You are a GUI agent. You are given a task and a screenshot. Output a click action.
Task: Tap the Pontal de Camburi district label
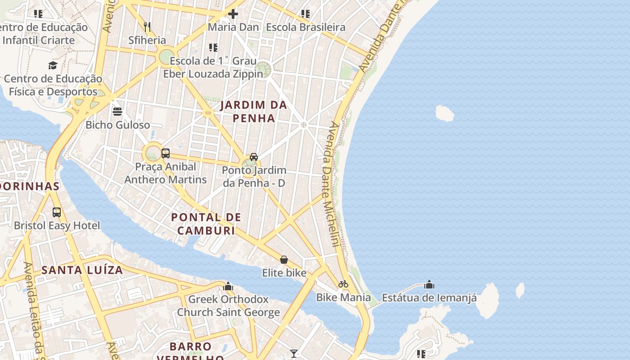[206, 224]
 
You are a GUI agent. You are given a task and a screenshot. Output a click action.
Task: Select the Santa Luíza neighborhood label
[82, 270]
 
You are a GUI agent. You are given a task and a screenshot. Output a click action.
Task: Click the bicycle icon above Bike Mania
[343, 284]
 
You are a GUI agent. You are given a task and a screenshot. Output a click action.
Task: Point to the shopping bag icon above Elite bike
[284, 260]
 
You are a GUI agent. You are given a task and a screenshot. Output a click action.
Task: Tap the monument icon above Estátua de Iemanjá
[429, 284]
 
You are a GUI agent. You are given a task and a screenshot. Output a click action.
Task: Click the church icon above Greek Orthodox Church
[228, 286]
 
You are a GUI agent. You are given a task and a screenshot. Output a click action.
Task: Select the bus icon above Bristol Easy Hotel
[57, 212]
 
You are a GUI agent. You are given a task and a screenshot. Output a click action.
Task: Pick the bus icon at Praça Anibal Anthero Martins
[165, 153]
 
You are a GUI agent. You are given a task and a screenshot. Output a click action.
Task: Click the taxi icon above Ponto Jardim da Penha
[254, 157]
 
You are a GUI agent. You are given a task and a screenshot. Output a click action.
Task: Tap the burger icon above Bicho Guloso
[117, 111]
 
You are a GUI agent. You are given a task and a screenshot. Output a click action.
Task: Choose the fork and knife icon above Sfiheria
[147, 27]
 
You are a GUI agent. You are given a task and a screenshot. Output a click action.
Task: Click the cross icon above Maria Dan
[233, 14]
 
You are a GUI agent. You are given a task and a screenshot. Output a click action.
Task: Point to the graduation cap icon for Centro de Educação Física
[53, 66]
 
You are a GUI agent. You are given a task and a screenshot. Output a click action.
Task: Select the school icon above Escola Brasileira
[306, 14]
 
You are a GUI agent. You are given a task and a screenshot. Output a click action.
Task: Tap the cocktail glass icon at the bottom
[294, 354]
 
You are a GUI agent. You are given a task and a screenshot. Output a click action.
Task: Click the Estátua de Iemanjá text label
[429, 297]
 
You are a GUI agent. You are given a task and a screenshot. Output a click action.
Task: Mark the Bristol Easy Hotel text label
[57, 225]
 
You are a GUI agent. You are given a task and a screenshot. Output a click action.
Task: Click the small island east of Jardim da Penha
[445, 113]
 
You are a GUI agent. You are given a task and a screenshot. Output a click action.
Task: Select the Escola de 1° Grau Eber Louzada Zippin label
[213, 67]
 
